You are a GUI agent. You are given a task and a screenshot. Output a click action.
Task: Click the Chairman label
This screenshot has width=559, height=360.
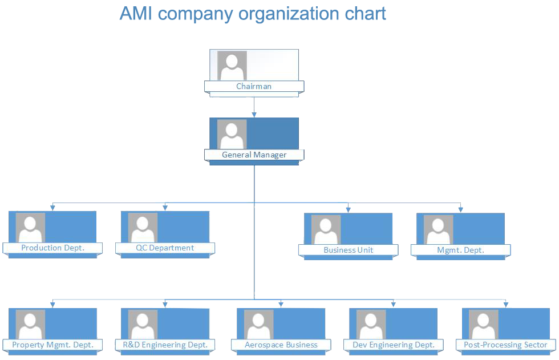(x=254, y=87)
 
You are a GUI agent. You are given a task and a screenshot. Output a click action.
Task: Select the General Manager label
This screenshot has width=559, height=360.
(x=254, y=155)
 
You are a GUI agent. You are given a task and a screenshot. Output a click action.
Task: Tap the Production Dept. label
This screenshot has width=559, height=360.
(x=52, y=248)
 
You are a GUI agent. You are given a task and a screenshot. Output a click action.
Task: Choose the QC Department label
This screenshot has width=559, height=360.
(x=165, y=248)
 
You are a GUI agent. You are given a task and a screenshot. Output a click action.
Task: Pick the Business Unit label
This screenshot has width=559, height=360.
(x=348, y=250)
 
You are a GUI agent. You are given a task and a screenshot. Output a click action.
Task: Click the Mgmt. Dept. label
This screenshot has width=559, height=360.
(x=460, y=250)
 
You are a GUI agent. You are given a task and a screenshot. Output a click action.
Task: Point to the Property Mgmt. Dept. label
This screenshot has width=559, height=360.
(x=52, y=345)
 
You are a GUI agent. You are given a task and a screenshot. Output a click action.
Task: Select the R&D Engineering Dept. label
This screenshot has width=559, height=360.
(x=165, y=345)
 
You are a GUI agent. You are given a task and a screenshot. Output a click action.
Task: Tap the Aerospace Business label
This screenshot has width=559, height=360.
(x=281, y=345)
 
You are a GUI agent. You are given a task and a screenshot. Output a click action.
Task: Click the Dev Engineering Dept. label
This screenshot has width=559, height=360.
(x=393, y=345)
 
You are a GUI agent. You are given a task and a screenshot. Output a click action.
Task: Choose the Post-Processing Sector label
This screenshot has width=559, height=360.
(x=506, y=345)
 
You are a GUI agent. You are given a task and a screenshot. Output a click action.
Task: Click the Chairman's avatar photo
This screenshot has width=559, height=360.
(x=232, y=66)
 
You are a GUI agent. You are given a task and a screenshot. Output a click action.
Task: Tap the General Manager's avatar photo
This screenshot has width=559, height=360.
(x=232, y=135)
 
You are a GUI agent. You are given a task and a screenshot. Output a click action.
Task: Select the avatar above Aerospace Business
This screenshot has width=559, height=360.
(x=258, y=324)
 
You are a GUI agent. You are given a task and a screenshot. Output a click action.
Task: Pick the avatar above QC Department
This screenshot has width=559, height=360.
(x=143, y=227)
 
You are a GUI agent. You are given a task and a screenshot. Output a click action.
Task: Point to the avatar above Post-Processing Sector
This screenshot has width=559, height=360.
(x=484, y=324)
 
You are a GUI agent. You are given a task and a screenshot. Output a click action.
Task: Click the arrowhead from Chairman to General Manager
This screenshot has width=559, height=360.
(x=254, y=115)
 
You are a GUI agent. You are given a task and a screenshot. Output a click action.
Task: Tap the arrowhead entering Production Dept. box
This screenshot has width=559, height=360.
(x=52, y=207)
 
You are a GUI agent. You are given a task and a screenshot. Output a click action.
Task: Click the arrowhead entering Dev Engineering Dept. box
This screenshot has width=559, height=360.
(x=393, y=304)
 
